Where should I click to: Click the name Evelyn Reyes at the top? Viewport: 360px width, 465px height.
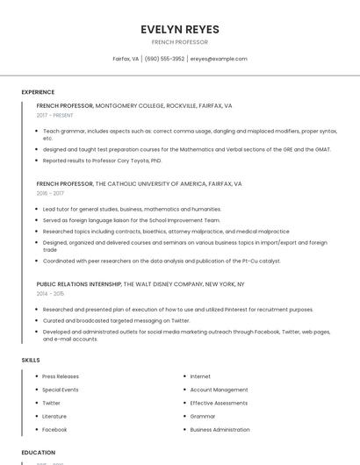pos(180,29)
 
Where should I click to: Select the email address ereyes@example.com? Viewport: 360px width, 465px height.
pos(219,59)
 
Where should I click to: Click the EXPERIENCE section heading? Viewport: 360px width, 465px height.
pos(38,92)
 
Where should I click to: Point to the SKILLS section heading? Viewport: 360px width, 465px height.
pos(31,360)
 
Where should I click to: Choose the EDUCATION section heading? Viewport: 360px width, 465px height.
pos(38,453)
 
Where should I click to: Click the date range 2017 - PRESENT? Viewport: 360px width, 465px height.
pos(56,115)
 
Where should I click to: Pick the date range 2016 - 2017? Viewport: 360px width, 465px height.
pos(50,193)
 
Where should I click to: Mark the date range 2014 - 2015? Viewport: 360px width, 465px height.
pos(50,294)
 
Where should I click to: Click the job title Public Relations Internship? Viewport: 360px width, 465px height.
pos(79,284)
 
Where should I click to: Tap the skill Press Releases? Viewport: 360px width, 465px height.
pos(61,376)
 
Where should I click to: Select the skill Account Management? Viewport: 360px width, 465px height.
pos(219,390)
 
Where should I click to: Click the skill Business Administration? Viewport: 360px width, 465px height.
pos(220,430)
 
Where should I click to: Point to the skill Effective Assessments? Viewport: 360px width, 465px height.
pos(219,403)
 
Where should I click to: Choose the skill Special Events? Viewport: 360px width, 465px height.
pos(61,390)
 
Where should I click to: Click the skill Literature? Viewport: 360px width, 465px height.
pos(54,416)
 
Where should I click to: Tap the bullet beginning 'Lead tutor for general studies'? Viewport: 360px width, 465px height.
pos(132,209)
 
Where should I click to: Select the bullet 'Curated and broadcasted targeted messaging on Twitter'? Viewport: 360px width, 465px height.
pos(116,321)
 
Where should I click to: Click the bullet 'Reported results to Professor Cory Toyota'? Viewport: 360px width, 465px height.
pos(102,161)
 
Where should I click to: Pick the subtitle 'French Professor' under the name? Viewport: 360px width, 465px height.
pos(180,42)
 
